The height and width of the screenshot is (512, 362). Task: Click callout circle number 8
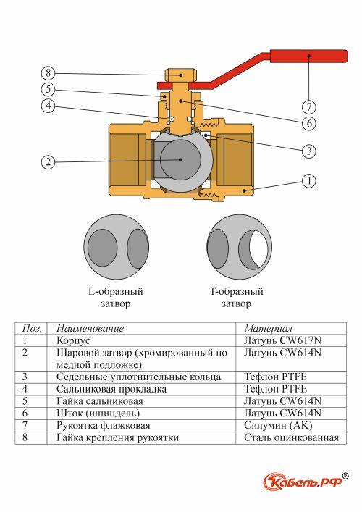point(48,72)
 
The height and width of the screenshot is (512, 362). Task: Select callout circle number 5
point(48,90)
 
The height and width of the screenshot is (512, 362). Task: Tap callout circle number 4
point(48,106)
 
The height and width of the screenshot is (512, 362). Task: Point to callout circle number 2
point(48,161)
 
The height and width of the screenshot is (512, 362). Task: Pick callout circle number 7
point(309,106)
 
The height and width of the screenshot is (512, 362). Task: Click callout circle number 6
point(309,123)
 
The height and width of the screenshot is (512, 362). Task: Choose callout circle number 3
point(309,151)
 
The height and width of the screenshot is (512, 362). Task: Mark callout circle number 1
point(309,180)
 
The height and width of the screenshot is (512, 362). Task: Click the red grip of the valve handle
point(308,56)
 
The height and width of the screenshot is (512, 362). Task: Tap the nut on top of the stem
point(180,75)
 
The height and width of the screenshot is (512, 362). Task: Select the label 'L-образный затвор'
point(116,297)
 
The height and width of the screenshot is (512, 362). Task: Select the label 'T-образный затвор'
point(236,297)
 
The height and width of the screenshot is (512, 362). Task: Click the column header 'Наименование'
point(90,328)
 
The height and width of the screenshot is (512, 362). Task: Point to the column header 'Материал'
point(268,328)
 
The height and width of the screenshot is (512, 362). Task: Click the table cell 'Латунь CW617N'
point(282,340)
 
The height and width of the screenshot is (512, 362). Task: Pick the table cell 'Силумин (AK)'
point(278,425)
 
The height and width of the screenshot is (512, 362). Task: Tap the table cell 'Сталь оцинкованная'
point(292,437)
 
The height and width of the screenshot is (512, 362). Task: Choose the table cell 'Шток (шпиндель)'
point(98,413)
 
